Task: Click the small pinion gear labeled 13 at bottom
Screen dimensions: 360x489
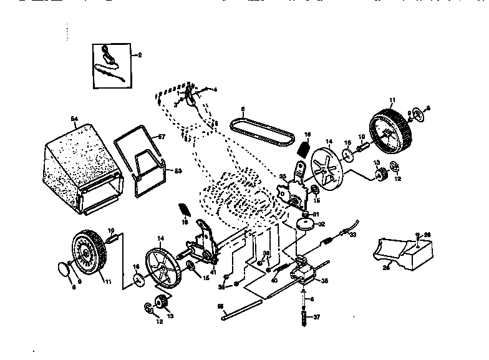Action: coord(163,304)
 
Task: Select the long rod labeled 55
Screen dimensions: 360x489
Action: coord(241,310)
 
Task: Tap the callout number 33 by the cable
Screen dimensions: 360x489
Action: coord(352,235)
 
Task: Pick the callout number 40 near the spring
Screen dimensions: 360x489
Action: coord(273,280)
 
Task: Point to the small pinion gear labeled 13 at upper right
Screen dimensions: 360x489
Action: coord(382,175)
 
